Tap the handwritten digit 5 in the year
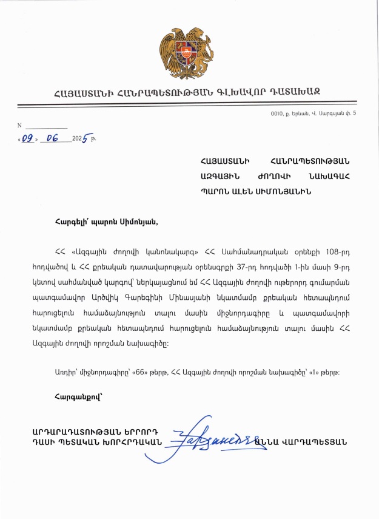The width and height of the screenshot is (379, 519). point(86,139)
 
